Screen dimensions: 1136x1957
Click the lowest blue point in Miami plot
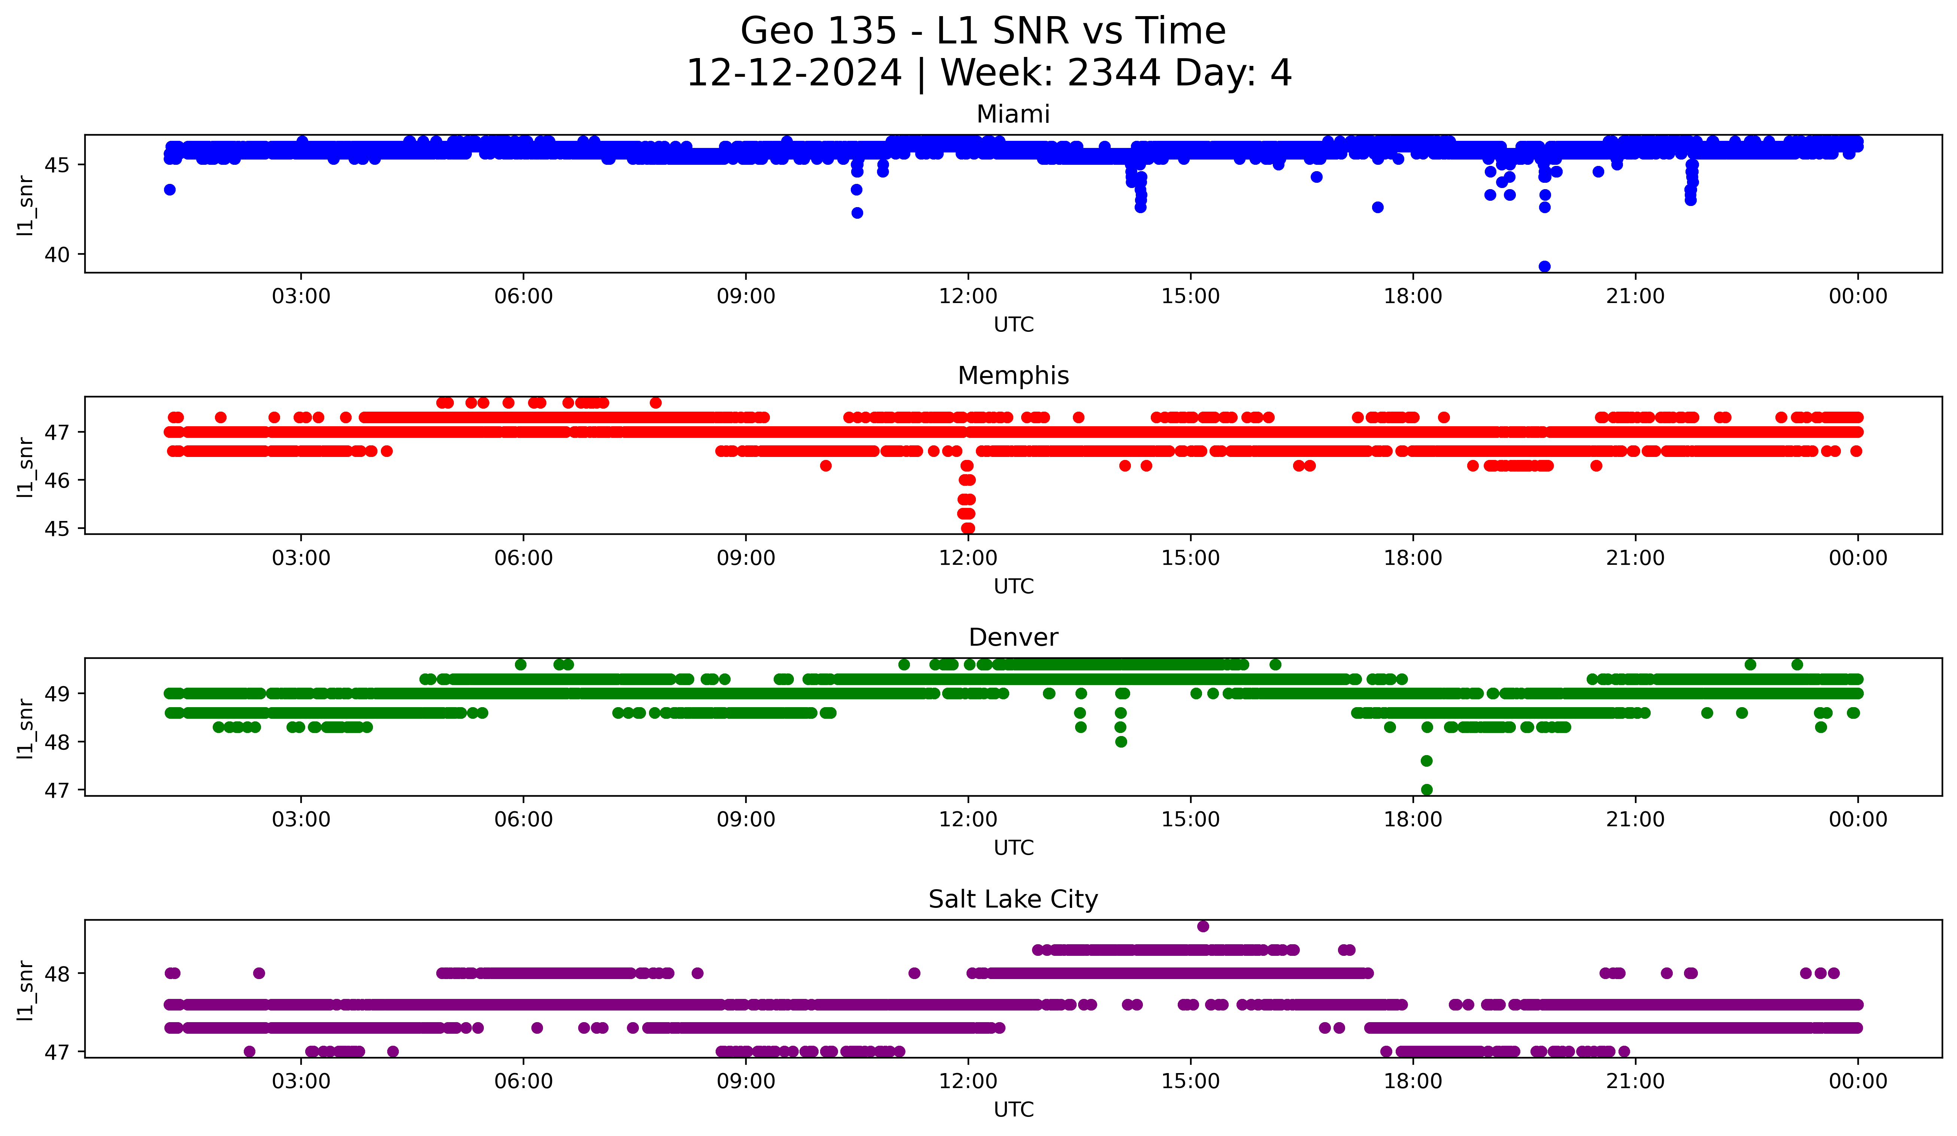[1545, 266]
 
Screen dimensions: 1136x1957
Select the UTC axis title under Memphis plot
[1013, 586]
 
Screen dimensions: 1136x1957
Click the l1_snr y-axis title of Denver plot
[25, 728]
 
